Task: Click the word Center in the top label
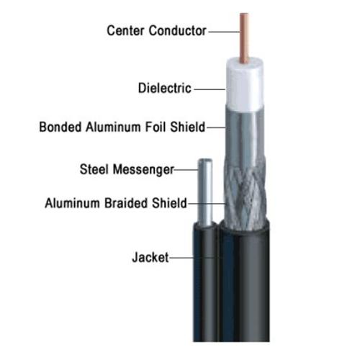[x=126, y=30]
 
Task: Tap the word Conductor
[x=178, y=30]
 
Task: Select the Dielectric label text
[x=165, y=88]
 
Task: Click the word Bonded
[x=60, y=127]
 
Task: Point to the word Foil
[x=156, y=127]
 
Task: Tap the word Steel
[x=94, y=169]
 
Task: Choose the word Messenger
[x=143, y=170]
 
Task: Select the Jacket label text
[x=150, y=257]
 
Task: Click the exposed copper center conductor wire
[x=244, y=37]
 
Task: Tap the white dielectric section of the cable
[x=245, y=86]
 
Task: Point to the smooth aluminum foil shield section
[x=244, y=135]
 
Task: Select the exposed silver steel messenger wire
[x=205, y=192]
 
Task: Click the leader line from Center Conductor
[x=224, y=32]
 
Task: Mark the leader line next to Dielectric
[x=210, y=89]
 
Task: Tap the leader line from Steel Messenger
[x=186, y=170]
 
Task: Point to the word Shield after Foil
[x=188, y=127]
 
